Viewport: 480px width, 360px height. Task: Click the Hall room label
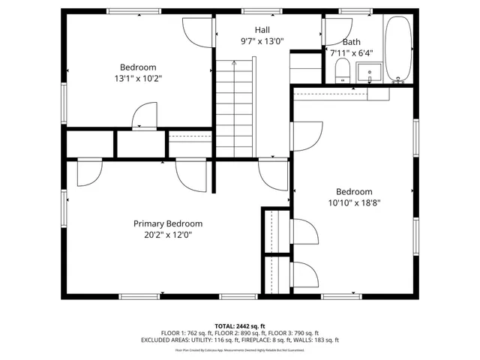click(x=262, y=29)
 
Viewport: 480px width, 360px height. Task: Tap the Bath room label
click(x=351, y=42)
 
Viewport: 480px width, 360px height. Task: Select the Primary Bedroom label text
click(x=168, y=223)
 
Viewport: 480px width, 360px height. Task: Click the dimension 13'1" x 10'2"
click(x=138, y=77)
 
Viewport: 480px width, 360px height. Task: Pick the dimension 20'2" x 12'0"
click(x=168, y=234)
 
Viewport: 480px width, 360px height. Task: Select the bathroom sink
click(x=368, y=73)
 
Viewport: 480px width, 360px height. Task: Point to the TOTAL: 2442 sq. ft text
click(x=240, y=326)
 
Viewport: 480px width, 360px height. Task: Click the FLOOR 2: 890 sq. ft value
click(x=240, y=333)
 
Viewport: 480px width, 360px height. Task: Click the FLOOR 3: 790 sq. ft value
click(x=295, y=333)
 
